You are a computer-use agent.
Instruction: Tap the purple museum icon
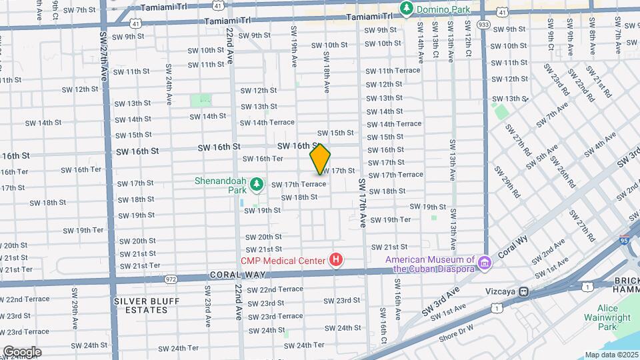(485, 265)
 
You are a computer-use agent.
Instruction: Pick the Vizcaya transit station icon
(525, 291)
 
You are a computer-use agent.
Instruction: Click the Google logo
(22, 351)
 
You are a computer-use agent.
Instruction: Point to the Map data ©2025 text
(611, 355)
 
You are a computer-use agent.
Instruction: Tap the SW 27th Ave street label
(103, 56)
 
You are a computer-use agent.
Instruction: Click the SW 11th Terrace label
(393, 70)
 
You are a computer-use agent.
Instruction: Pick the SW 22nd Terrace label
(275, 289)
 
